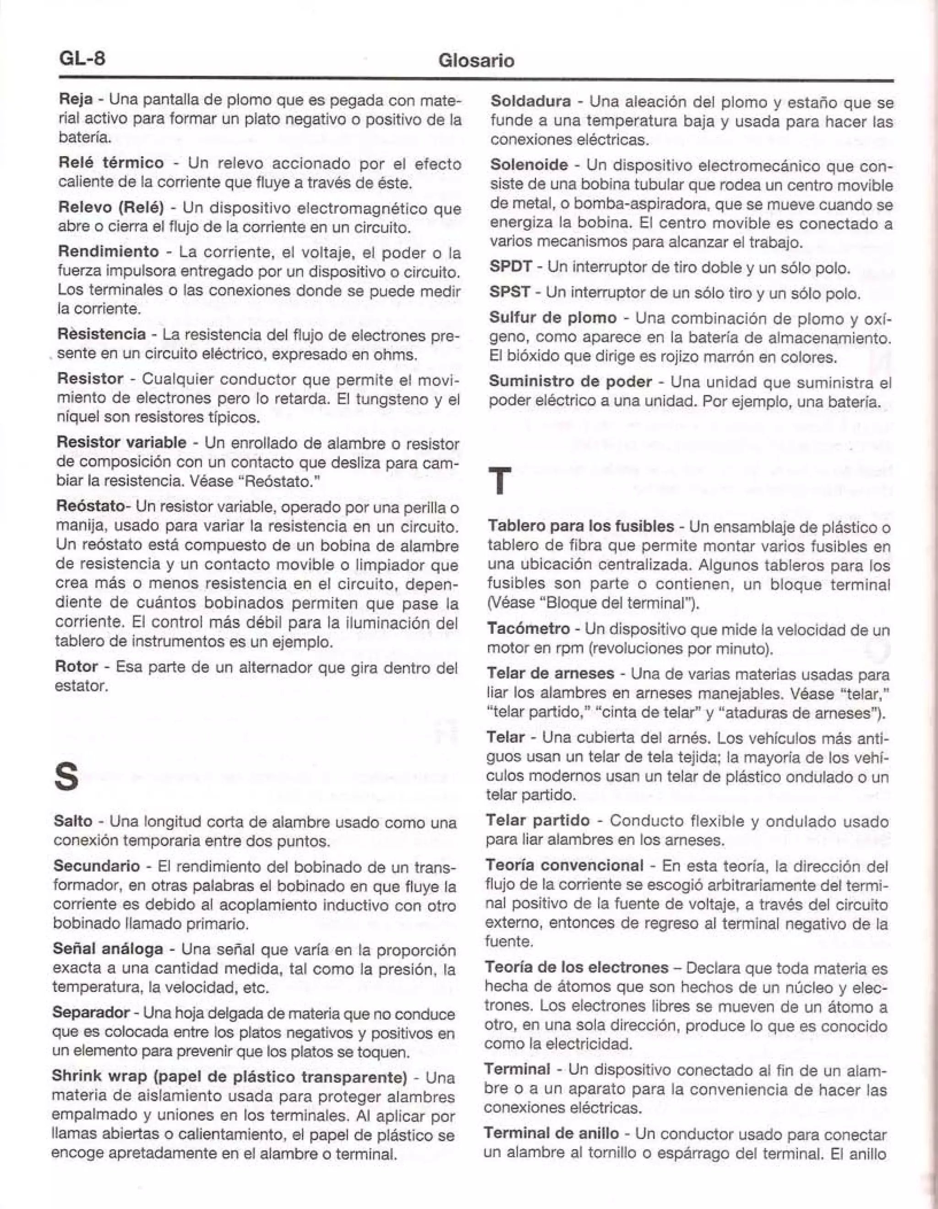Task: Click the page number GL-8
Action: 82,58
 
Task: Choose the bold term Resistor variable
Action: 121,442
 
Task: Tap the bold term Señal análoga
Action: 108,949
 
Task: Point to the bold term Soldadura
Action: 530,101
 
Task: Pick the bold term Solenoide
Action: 529,165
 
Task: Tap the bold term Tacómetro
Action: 528,629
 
